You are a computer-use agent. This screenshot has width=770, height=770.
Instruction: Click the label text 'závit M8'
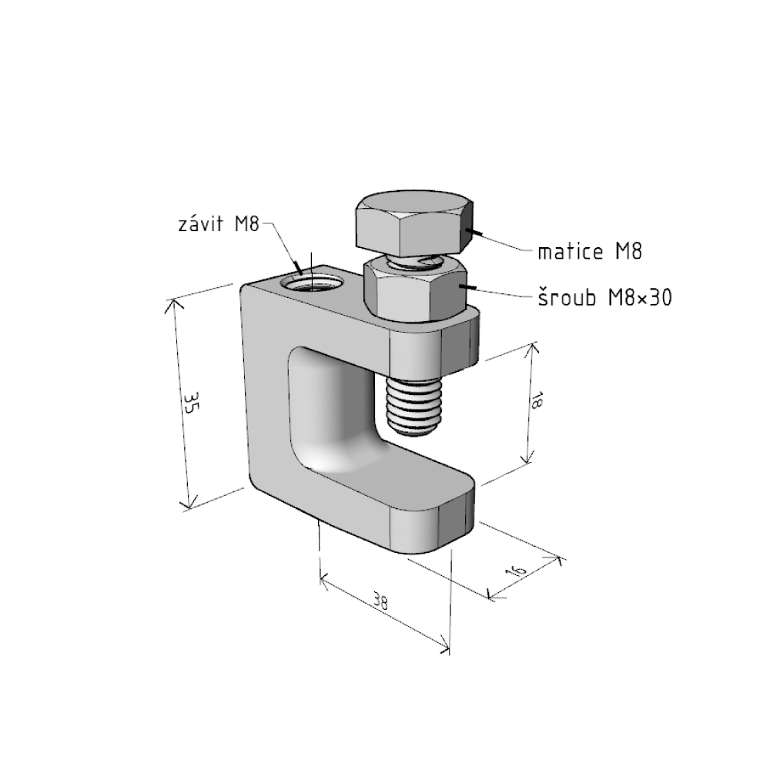point(219,224)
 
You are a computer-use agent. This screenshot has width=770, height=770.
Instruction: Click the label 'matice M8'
point(590,252)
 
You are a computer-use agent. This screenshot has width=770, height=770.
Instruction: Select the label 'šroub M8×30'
point(604,297)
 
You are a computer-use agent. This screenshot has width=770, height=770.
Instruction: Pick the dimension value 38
point(380,601)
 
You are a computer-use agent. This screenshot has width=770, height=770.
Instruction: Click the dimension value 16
point(515,570)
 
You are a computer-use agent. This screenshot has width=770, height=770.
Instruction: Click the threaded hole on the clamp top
point(311,283)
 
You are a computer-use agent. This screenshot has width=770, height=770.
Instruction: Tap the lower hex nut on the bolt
point(414,291)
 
